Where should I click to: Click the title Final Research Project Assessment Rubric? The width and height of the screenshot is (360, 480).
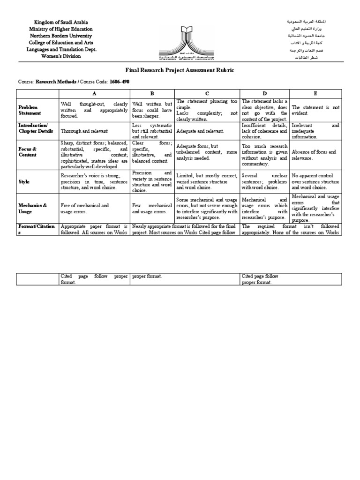tap(180, 70)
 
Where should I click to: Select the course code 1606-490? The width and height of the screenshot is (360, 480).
tap(119, 82)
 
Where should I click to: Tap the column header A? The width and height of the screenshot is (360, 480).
tap(94, 93)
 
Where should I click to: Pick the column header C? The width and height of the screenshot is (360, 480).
tap(207, 93)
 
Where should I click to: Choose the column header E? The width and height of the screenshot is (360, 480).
tap(315, 93)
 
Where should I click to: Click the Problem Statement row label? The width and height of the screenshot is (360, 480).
tap(30, 110)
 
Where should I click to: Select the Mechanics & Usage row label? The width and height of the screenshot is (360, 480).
tap(32, 208)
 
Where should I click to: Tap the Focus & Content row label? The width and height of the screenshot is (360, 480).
tap(28, 152)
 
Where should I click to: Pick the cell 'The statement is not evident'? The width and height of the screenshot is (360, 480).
tap(315, 110)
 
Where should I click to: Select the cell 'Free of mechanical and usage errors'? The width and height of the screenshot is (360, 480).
tap(85, 208)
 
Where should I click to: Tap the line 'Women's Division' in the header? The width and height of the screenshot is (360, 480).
tap(60, 56)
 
